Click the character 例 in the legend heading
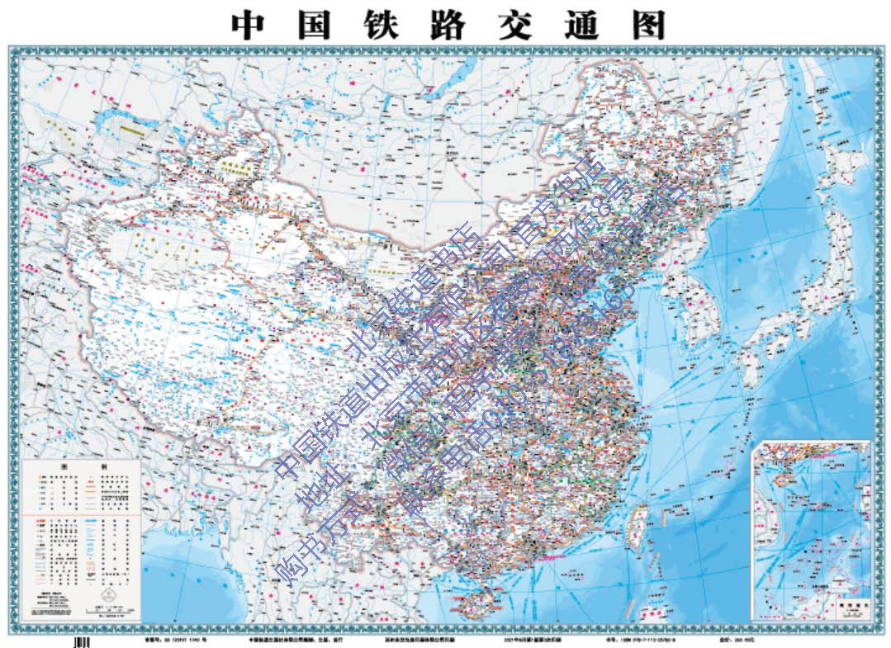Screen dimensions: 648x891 (x=104, y=466)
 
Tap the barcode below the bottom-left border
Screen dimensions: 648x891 (x=80, y=641)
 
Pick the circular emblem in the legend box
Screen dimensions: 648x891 (x=105, y=595)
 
